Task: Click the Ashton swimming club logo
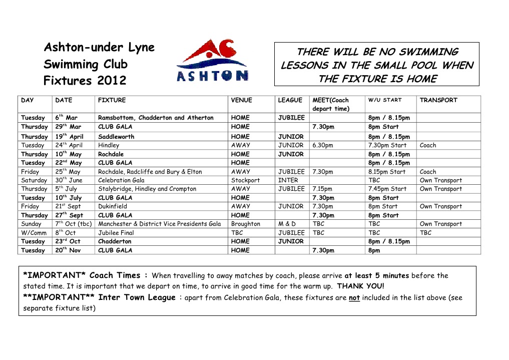coord(212,62)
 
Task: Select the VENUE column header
coord(241,100)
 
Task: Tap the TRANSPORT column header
coord(438,100)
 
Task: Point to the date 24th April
coord(69,145)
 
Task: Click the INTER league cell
coord(288,180)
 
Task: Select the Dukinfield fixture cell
coord(113,206)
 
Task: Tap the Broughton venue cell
coord(245,224)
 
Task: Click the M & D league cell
coord(287,224)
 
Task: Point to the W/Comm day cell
coord(34,233)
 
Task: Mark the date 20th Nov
coord(68,250)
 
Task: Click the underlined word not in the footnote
coord(354,297)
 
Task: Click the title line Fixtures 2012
coord(85,81)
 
